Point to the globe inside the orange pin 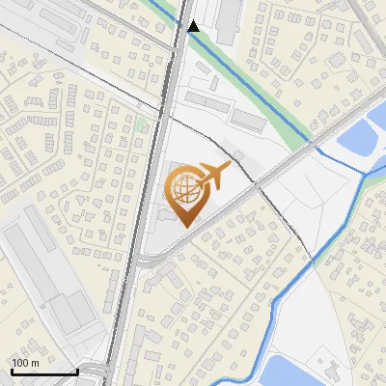click(184, 185)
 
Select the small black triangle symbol click(194, 26)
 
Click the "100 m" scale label click(25, 363)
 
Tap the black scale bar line click(43, 372)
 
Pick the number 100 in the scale click(20, 363)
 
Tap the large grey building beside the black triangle click(228, 19)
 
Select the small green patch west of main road click(142, 124)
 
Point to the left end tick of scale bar click(12, 370)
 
